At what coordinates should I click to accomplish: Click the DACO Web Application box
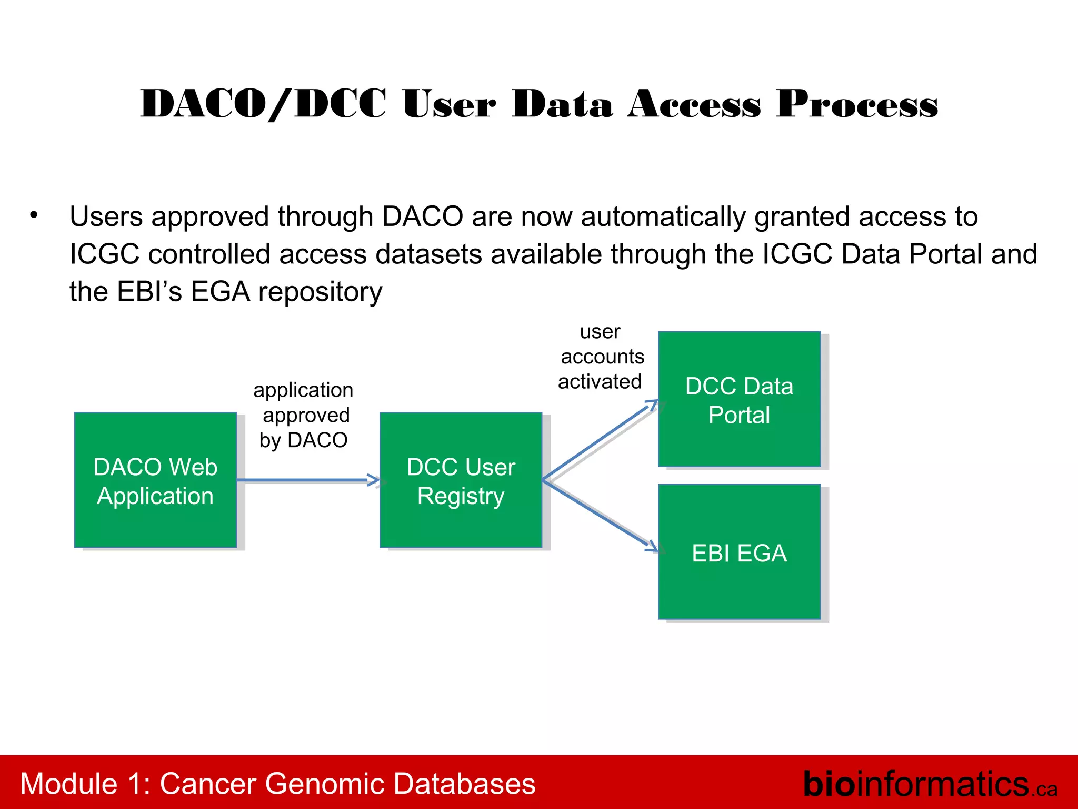(x=155, y=480)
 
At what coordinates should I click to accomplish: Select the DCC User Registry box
(x=461, y=480)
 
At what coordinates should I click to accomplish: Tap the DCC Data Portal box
(x=739, y=399)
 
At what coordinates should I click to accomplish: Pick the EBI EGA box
(x=739, y=552)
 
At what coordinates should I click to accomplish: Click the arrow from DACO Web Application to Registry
(x=308, y=480)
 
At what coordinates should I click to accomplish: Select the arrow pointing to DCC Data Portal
(x=600, y=440)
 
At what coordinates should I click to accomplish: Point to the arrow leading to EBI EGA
(x=600, y=515)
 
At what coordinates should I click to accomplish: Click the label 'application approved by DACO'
(x=304, y=415)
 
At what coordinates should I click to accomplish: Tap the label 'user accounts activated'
(x=601, y=357)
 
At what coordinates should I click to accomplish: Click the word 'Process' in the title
(x=857, y=104)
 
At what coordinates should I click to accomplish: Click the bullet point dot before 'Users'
(x=34, y=215)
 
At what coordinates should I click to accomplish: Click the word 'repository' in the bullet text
(x=320, y=292)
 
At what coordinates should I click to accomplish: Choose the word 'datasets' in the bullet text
(x=429, y=254)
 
